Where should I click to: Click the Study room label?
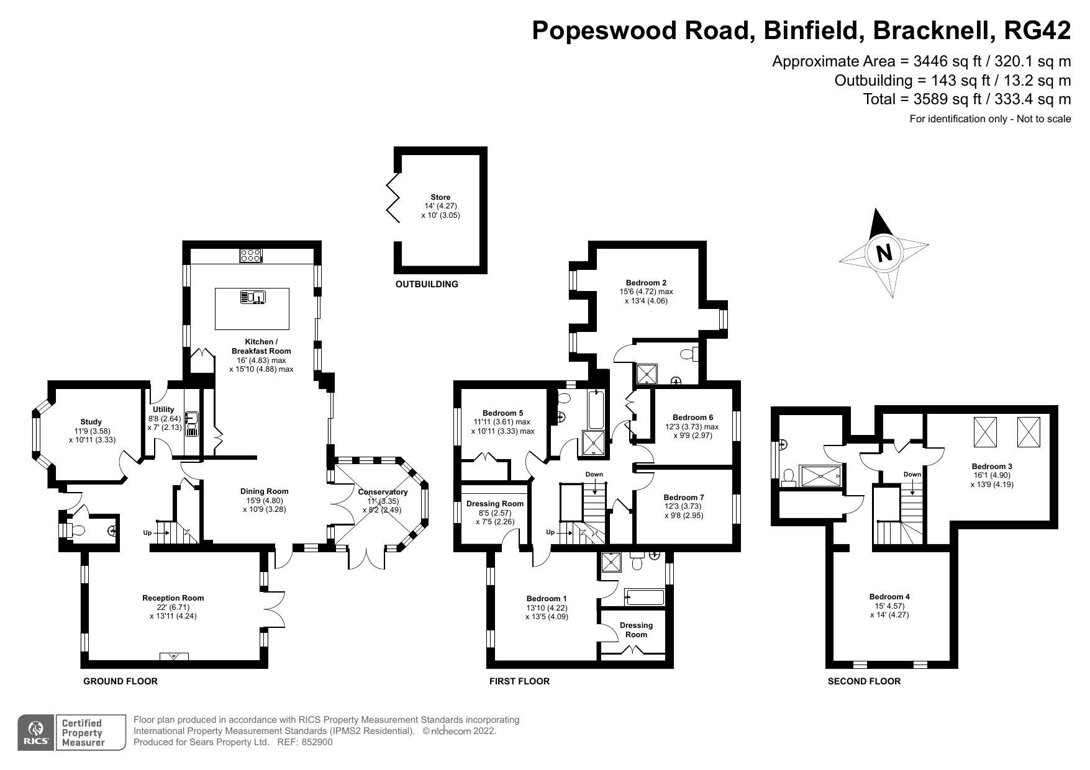tap(91, 422)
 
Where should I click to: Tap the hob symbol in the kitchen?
tap(251, 255)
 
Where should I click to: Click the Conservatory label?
tap(383, 492)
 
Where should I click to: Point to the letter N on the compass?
tap(884, 253)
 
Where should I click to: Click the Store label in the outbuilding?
tap(440, 197)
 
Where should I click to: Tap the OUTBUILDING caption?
tap(427, 284)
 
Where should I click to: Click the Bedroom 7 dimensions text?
tap(683, 511)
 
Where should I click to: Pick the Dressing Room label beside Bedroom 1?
tap(636, 630)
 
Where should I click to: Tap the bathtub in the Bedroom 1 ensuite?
tap(644, 598)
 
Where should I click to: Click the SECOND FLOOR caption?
tap(864, 681)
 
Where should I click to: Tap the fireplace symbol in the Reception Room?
tap(174, 656)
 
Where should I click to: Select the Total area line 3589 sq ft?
tap(966, 99)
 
